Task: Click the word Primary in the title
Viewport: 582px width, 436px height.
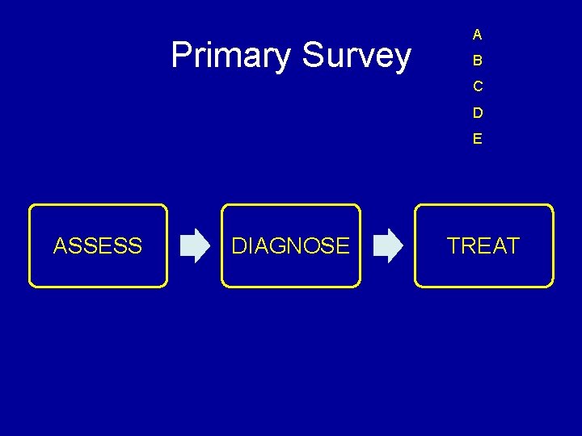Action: [231, 57]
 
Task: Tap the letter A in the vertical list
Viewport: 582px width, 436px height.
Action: [478, 35]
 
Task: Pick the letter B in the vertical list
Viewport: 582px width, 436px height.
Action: [478, 61]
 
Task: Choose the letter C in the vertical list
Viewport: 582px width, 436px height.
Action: [478, 86]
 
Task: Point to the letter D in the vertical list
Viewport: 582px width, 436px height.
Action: [478, 112]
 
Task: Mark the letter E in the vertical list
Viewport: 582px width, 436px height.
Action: [478, 138]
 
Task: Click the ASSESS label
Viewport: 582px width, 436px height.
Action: [98, 245]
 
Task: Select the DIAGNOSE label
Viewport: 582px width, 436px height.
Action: [290, 245]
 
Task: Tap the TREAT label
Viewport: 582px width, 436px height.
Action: [483, 245]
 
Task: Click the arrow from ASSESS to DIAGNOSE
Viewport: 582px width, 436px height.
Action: [194, 245]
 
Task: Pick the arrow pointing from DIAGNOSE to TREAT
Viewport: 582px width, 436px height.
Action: [388, 245]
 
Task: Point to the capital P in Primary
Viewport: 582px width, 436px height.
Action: [181, 56]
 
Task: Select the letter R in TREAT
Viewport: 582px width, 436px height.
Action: [470, 245]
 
